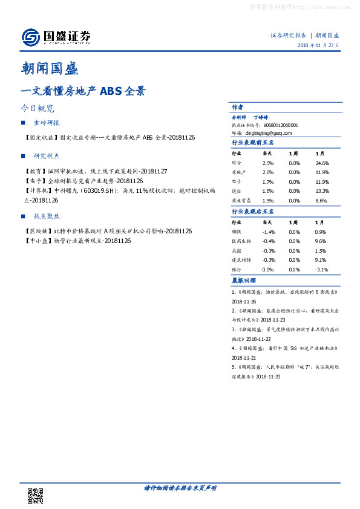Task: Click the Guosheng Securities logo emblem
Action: [x=30, y=37]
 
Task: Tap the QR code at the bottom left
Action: [x=35, y=496]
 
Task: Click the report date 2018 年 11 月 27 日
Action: [x=318, y=46]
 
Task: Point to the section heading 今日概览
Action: [x=37, y=109]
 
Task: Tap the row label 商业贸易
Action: [x=240, y=199]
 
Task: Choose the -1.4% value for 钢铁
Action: [x=269, y=232]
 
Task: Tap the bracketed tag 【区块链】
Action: [x=38, y=232]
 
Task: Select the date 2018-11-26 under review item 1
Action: [x=244, y=300]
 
